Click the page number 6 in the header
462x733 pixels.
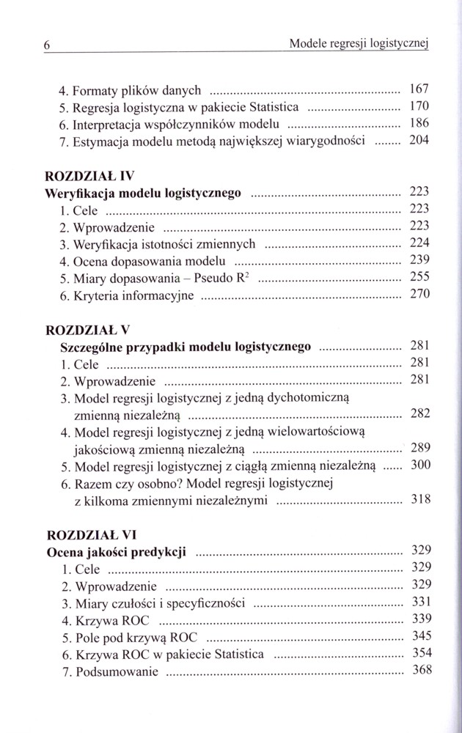point(45,45)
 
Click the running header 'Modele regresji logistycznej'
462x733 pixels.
point(359,44)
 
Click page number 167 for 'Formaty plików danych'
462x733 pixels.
point(416,90)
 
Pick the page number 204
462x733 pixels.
point(416,141)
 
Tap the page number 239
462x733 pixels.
point(416,259)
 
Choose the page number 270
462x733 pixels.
point(416,295)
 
